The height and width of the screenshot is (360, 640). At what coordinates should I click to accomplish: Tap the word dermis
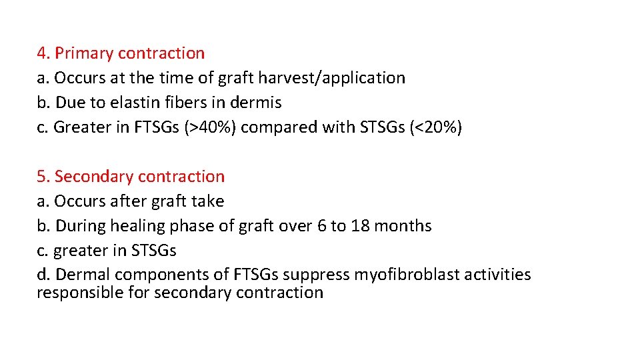(x=257, y=103)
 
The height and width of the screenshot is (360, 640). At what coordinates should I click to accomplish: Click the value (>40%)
(x=207, y=127)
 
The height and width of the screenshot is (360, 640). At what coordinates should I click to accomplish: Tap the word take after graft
(x=207, y=201)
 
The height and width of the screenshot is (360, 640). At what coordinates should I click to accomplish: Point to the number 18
(x=360, y=226)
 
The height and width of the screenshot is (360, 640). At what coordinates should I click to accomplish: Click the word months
(x=403, y=226)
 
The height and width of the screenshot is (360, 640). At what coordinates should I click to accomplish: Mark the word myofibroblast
(x=393, y=275)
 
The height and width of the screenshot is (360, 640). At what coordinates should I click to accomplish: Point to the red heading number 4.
(x=43, y=53)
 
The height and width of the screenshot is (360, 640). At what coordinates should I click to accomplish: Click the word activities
(x=495, y=275)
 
